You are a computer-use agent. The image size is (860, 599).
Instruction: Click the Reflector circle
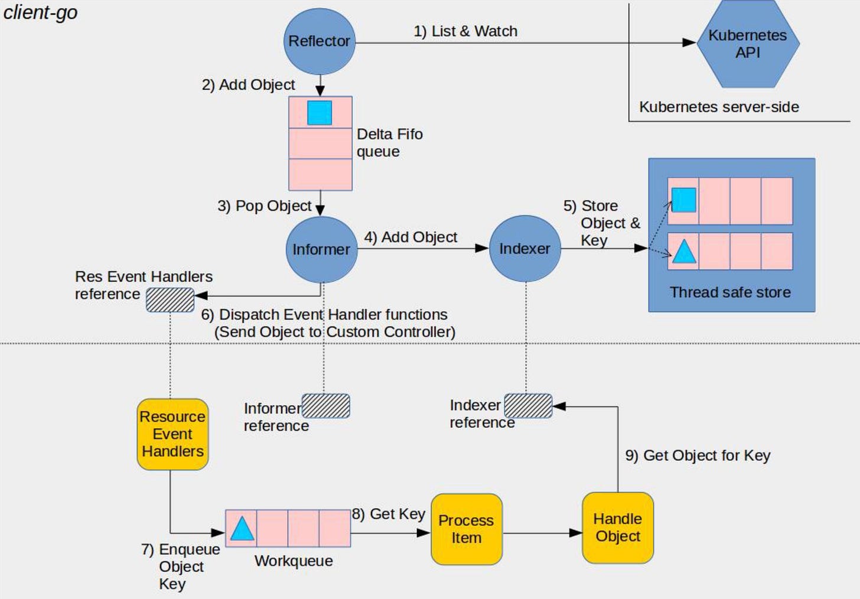320,41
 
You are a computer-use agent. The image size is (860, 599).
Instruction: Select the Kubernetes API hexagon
747,44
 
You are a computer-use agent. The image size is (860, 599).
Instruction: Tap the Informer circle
321,249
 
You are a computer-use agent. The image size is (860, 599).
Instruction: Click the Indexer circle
525,249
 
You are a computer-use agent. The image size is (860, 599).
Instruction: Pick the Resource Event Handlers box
172,434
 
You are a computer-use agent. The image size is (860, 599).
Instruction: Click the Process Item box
466,529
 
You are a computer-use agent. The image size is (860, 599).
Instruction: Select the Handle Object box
617,528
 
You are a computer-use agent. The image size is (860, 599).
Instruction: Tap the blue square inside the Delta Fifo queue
320,113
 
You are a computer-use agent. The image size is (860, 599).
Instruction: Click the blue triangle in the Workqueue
242,529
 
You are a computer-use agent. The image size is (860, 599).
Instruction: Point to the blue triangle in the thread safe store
684,252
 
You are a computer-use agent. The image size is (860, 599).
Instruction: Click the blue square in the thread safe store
683,200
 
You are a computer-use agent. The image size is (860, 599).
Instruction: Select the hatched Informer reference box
326,406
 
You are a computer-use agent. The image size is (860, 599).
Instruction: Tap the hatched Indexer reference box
528,406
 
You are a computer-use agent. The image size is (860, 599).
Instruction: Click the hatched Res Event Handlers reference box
170,299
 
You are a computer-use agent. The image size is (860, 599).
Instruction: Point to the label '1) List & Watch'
465,31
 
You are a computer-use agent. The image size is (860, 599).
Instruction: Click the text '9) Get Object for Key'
698,455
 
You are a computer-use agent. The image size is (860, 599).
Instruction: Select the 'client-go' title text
40,12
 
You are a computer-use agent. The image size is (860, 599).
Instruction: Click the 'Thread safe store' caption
730,292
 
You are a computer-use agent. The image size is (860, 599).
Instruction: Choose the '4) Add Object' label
411,237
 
